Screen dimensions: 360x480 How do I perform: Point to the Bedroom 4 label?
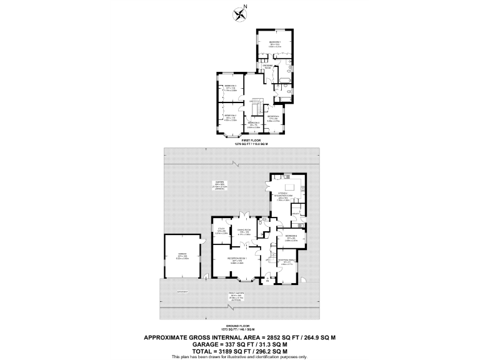(x=272, y=117)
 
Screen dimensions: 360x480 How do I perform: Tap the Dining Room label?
(x=244, y=231)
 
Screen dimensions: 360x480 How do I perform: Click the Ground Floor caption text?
(x=240, y=327)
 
